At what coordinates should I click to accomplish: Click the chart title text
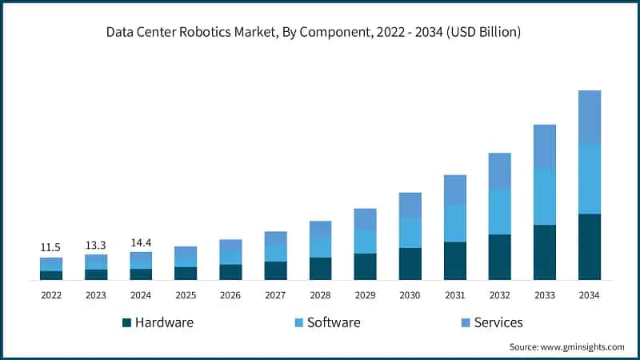coord(320,33)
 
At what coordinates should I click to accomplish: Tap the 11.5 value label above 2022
coord(51,248)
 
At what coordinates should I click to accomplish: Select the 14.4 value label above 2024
coord(141,242)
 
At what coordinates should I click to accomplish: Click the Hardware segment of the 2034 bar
coord(590,246)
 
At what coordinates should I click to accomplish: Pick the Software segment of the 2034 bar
coord(590,179)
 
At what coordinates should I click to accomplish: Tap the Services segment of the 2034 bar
coord(590,118)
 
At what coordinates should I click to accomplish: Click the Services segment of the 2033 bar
coord(545,146)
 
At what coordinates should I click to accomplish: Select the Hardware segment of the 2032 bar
coord(500,257)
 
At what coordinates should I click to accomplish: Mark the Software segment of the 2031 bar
coord(455,223)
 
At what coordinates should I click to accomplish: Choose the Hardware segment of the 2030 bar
coord(410,264)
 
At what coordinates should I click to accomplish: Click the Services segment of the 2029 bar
coord(366,219)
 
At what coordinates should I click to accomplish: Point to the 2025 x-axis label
coord(186,295)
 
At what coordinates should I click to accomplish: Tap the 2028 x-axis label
coord(320,295)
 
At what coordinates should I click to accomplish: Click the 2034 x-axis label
coord(590,295)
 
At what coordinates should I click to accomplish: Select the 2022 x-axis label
coord(51,295)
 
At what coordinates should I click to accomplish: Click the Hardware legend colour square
coord(126,323)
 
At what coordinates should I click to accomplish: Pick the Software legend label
coord(334,322)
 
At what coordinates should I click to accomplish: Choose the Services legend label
coord(498,322)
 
